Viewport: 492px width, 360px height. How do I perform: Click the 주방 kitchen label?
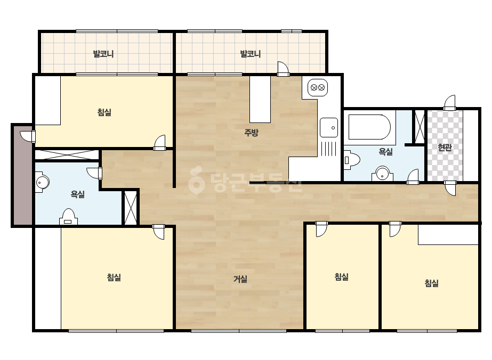coord(251,132)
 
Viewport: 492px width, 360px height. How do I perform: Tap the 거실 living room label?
coord(240,279)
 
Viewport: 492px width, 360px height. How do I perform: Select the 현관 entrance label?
coord(445,147)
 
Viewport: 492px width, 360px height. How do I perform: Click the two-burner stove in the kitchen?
coord(318,87)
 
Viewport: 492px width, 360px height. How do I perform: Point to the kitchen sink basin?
coord(329,128)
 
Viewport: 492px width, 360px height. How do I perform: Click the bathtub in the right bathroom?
coord(369,127)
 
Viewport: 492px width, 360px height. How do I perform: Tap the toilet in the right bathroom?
coord(351,160)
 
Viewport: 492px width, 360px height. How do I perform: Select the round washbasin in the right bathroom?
coord(382,174)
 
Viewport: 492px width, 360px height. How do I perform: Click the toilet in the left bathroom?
coord(68,217)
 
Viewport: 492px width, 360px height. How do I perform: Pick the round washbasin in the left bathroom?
coord(42,182)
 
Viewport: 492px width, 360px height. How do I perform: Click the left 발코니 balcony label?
coord(103,54)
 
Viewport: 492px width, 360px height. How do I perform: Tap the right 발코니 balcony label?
coord(251,54)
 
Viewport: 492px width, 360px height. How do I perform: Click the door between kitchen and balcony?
coord(283,69)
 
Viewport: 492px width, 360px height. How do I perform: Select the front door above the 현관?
coord(450,103)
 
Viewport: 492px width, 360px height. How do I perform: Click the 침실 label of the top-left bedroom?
coord(104,112)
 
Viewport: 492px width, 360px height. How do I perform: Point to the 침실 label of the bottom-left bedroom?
coord(114,277)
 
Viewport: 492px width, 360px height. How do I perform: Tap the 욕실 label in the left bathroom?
coord(77,194)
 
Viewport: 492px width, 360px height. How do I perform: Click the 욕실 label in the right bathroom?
coord(385,152)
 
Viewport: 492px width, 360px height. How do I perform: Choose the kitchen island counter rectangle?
coord(260,100)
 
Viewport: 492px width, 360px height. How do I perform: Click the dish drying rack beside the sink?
coord(329,148)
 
